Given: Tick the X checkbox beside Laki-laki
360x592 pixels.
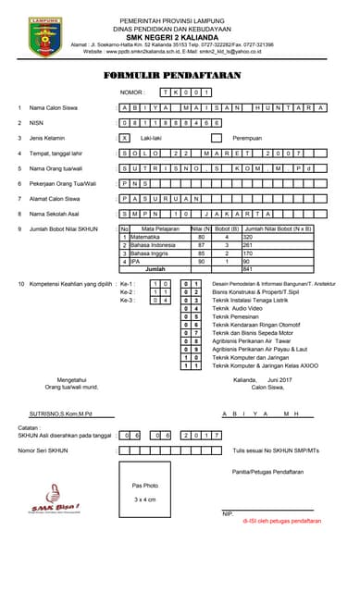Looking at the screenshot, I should (125, 137).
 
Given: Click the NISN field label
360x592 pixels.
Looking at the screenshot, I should (37, 122).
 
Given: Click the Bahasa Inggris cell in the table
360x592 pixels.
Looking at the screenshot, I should (148, 253).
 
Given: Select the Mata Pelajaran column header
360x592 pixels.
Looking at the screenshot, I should (159, 228).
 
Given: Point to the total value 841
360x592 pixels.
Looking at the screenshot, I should (247, 268).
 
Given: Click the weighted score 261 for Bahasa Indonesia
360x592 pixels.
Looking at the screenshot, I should (248, 244).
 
